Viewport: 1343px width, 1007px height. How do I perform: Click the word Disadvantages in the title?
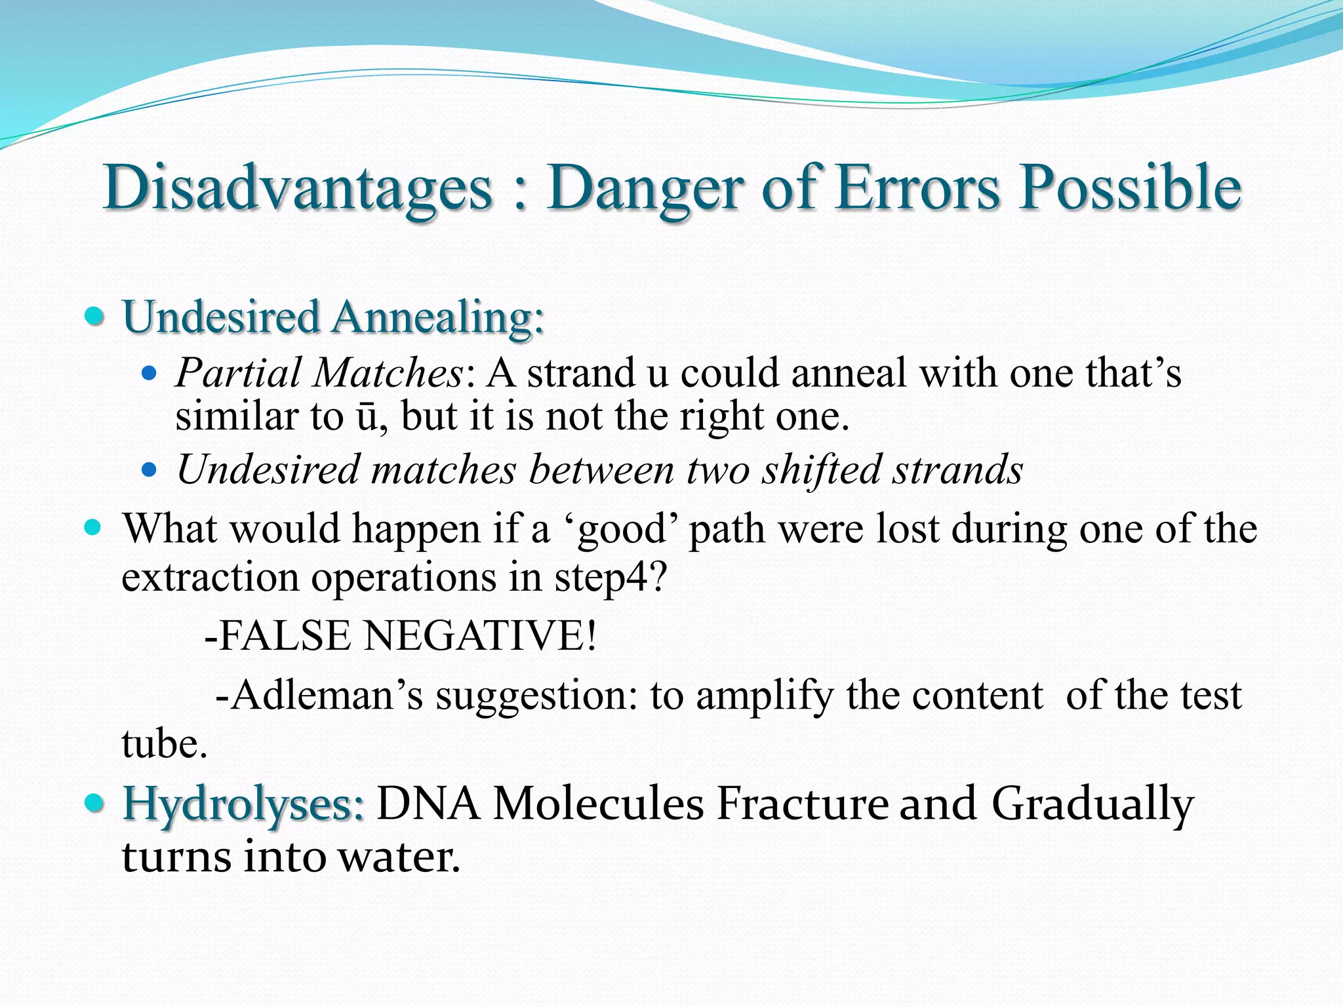pyautogui.click(x=297, y=188)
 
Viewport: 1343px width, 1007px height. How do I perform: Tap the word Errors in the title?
pyautogui.click(x=918, y=188)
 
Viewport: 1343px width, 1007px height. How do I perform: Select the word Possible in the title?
pyautogui.click(x=1130, y=188)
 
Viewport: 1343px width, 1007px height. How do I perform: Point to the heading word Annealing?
pyautogui.click(x=437, y=318)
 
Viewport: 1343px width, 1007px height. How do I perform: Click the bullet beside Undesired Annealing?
pyautogui.click(x=95, y=317)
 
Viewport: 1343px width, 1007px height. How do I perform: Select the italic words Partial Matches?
pyautogui.click(x=319, y=374)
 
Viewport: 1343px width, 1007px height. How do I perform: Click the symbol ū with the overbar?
pyautogui.click(x=366, y=417)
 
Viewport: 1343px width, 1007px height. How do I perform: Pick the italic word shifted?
pyautogui.click(x=822, y=470)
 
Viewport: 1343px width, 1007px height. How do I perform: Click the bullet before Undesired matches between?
pyautogui.click(x=150, y=470)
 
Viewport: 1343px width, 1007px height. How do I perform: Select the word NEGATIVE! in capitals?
pyautogui.click(x=480, y=636)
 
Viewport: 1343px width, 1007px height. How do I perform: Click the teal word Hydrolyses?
pyautogui.click(x=243, y=805)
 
